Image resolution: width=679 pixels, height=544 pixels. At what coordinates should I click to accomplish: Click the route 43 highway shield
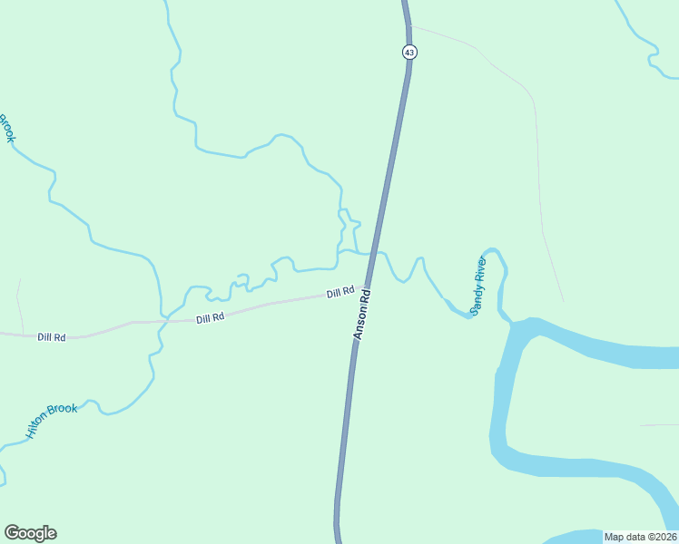[x=409, y=53]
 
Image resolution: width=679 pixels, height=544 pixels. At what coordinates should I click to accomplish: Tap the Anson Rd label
[x=363, y=315]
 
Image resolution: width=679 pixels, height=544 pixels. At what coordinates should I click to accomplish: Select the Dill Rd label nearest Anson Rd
[x=340, y=293]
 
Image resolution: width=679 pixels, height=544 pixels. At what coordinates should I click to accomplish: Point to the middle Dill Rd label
[x=210, y=318]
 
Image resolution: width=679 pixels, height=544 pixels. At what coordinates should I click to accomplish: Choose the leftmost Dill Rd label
[x=52, y=337]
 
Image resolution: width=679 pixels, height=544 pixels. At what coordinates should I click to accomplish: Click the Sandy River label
[x=478, y=286]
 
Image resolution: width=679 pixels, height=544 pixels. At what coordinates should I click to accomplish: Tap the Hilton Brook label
[x=52, y=422]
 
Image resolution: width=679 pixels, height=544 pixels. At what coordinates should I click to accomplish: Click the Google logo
[x=30, y=533]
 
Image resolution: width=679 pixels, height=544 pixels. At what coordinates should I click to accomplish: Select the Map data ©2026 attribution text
[x=640, y=537]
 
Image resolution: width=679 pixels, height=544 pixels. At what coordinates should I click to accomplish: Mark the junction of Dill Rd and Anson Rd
[x=368, y=287]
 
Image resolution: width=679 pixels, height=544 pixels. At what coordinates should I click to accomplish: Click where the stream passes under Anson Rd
[x=371, y=253]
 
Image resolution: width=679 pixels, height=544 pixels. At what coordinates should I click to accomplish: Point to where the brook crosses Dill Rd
[x=163, y=320]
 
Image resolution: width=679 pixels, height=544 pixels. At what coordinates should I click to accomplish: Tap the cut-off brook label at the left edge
[x=7, y=127]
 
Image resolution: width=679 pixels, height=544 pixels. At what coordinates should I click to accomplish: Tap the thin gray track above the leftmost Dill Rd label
[x=20, y=304]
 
